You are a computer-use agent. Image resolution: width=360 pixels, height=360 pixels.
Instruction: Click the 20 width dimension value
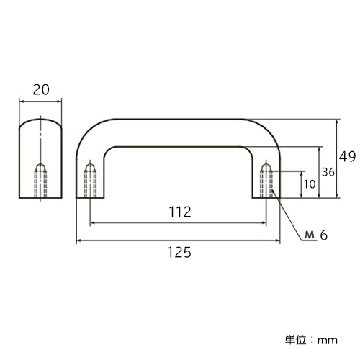tap(41, 90)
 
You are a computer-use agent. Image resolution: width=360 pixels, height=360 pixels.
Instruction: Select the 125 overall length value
tap(179, 252)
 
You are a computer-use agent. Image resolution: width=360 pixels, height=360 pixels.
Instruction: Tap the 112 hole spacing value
tap(180, 212)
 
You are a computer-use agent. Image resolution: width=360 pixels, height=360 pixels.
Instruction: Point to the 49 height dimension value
tap(347, 157)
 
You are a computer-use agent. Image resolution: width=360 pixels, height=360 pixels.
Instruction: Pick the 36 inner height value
tap(328, 172)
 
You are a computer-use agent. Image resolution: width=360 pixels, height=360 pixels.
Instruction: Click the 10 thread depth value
tap(310, 184)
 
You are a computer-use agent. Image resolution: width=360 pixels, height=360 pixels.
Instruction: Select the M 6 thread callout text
tap(316, 235)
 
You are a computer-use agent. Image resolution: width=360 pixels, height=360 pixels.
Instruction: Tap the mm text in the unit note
tap(328, 341)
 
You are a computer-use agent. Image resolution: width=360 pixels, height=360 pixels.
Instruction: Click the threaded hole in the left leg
tap(90, 180)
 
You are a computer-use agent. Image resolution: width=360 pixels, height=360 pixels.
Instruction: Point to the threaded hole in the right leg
tap(266, 180)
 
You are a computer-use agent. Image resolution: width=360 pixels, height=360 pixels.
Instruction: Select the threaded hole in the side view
tap(40, 181)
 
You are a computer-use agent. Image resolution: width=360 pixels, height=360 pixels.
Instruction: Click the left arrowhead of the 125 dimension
tap(78, 240)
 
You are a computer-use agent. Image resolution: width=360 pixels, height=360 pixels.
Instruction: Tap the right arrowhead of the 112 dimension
tap(264, 223)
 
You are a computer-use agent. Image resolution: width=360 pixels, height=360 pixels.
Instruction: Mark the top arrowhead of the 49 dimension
tap(337, 122)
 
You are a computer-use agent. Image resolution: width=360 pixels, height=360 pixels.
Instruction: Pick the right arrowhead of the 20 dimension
tap(59, 102)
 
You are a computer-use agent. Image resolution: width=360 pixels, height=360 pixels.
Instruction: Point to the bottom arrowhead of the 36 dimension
tap(319, 196)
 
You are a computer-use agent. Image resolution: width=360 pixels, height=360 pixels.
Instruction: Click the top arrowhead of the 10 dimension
tap(302, 174)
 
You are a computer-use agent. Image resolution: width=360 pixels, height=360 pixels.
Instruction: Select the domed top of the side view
tap(40, 120)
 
